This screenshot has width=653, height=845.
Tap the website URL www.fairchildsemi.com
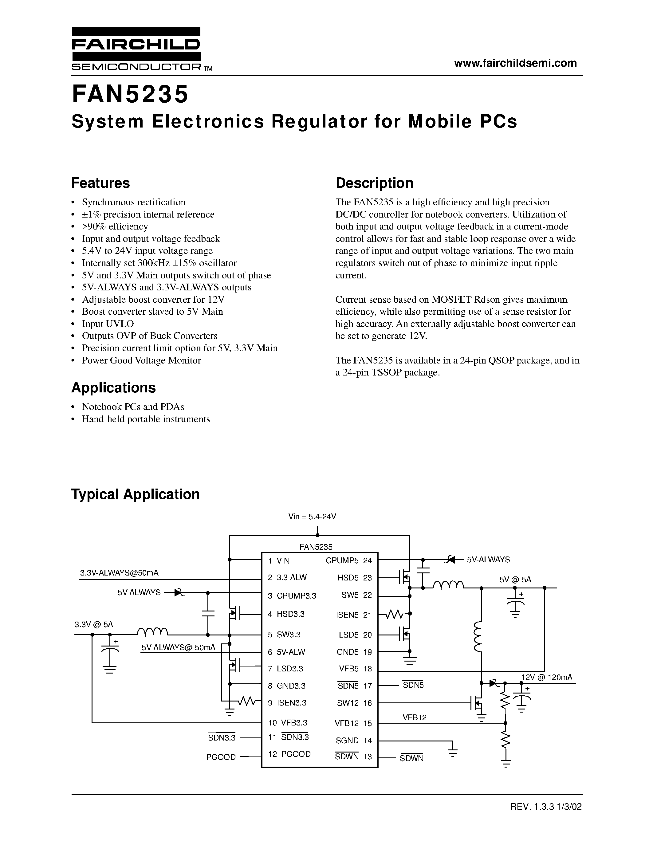tap(515, 63)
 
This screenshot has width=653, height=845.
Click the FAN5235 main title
tap(130, 95)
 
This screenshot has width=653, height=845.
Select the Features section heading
tap(100, 183)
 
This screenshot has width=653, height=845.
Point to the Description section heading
tap(374, 183)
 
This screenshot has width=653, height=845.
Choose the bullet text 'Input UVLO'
tap(108, 324)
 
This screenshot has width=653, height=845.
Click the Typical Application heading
tap(136, 494)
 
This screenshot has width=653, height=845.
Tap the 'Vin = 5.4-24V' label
tap(312, 517)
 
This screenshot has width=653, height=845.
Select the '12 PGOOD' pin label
tap(289, 754)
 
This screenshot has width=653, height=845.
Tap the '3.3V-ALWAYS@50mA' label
tap(119, 573)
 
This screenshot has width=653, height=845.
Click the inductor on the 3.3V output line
tap(152, 632)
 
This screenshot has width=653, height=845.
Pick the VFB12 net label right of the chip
tap(414, 717)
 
